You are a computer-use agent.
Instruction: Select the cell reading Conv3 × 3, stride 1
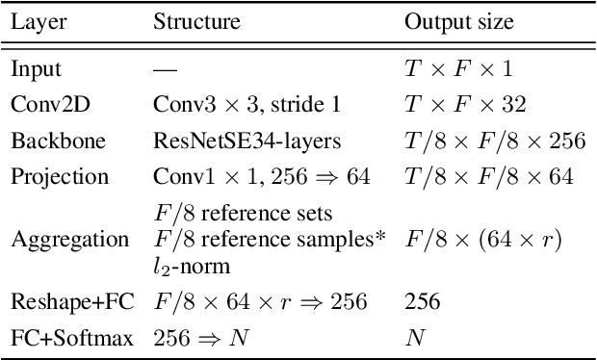pyautogui.click(x=235, y=105)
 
